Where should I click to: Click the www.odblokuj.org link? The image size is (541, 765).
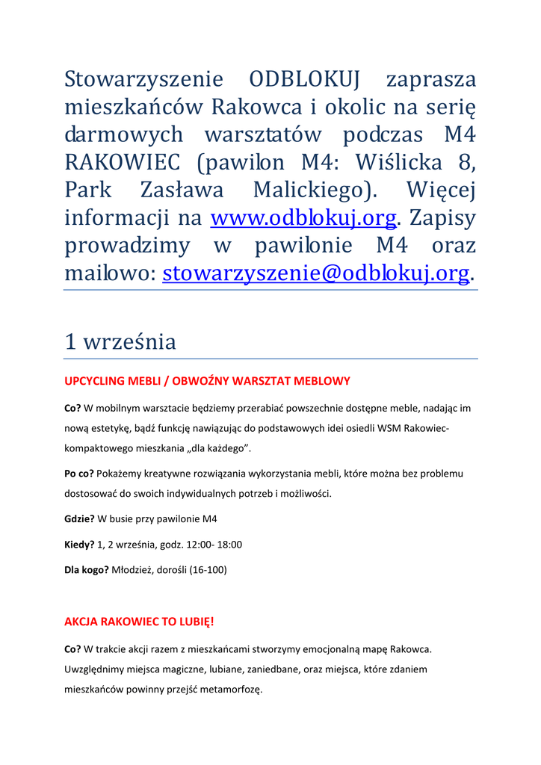(303, 217)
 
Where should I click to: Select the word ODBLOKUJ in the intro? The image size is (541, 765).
(305, 79)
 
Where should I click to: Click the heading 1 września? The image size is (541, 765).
(120, 341)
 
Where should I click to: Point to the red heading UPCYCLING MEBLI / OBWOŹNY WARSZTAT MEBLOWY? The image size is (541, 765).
(207, 381)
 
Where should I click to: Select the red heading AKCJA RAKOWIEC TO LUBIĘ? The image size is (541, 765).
(139, 621)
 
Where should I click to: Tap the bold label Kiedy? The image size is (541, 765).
(79, 545)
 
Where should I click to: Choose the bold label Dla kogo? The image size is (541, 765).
(86, 570)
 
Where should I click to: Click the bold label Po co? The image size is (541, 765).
(78, 474)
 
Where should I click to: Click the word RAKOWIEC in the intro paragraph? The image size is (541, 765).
(126, 162)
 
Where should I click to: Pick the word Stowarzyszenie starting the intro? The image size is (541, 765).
(143, 79)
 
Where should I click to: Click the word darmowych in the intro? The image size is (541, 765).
(123, 134)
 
